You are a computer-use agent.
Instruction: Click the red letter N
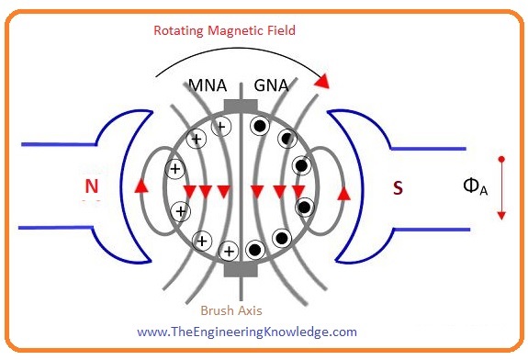(x=91, y=187)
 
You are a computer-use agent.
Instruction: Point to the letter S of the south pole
(x=397, y=188)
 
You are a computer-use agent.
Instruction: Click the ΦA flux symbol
(x=475, y=186)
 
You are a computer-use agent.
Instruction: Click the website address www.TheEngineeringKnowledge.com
(x=247, y=332)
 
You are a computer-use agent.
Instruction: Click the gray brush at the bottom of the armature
(x=241, y=268)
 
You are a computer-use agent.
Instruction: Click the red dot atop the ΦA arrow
(x=500, y=160)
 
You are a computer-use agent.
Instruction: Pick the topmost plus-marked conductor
(x=220, y=128)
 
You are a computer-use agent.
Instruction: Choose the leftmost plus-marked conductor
(x=174, y=169)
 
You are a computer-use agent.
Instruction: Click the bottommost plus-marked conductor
(x=229, y=249)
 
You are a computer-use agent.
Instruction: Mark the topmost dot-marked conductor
(x=260, y=127)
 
